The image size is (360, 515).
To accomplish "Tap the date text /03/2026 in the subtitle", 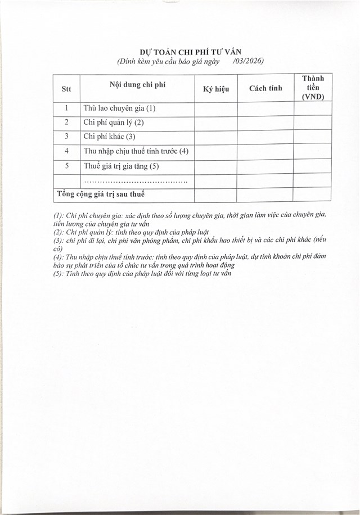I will point(247,61).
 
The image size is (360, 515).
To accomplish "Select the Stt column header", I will point(66,88).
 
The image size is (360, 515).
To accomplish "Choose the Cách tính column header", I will point(265,88).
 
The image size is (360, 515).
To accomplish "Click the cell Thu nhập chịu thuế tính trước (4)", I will point(136,151).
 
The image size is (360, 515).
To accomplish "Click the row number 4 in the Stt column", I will point(66,151).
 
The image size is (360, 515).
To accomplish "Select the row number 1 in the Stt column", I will point(66,109).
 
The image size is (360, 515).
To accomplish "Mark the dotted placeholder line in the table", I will point(135,182).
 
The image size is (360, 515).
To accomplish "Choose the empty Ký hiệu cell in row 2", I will point(215,123).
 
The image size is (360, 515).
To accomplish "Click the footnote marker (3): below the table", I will point(58,240).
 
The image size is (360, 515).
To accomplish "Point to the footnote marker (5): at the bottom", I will point(58,273).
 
